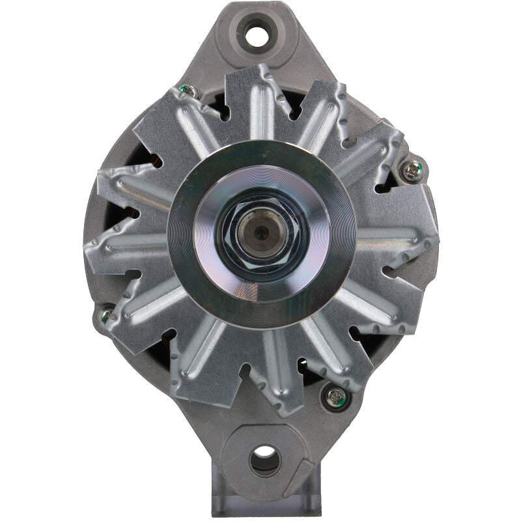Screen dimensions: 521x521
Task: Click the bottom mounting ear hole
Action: tap(264, 460)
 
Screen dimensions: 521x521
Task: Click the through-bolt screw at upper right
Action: tap(412, 171)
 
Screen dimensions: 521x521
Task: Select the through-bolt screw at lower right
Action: tap(335, 397)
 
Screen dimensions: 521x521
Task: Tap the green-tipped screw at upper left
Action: tap(190, 91)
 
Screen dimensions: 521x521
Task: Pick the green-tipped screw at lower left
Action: tap(106, 317)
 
